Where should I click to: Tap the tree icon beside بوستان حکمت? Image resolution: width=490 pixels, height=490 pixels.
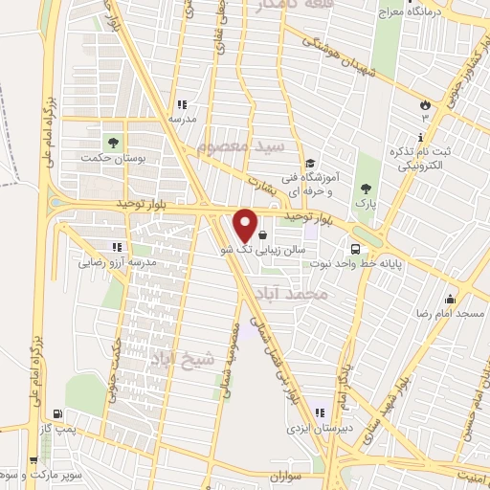click(113, 143)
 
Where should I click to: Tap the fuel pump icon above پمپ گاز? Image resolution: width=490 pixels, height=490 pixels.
click(60, 414)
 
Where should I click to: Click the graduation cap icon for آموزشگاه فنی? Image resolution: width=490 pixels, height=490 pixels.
click(309, 163)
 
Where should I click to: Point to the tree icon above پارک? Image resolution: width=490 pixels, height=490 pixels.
click(364, 189)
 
